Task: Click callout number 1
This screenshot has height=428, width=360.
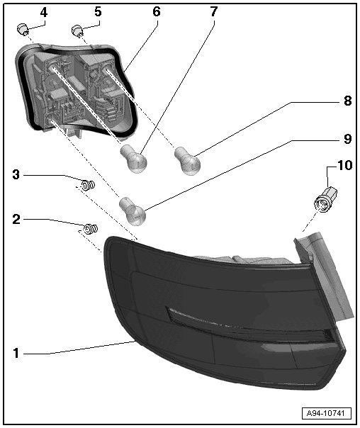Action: pyautogui.click(x=16, y=353)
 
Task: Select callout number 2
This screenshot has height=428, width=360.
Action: pyautogui.click(x=16, y=219)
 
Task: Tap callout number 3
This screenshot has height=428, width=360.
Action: pyautogui.click(x=16, y=174)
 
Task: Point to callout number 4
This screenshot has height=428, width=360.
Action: pyautogui.click(x=44, y=12)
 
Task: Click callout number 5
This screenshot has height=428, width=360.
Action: pyautogui.click(x=98, y=12)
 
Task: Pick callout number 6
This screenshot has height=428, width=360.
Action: pyautogui.click(x=156, y=12)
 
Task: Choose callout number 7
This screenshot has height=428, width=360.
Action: pyautogui.click(x=214, y=12)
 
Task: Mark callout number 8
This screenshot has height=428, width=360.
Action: pyautogui.click(x=347, y=101)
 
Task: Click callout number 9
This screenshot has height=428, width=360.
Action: pyautogui.click(x=347, y=139)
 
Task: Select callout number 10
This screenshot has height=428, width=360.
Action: pyautogui.click(x=345, y=165)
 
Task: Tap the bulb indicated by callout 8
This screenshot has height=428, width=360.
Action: pyautogui.click(x=187, y=161)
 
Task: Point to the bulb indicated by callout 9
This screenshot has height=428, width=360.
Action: pyautogui.click(x=133, y=211)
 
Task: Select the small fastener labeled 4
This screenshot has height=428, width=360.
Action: pyautogui.click(x=23, y=30)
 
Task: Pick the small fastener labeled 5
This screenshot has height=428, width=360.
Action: pyautogui.click(x=77, y=30)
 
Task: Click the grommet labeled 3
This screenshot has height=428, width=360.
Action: pyautogui.click(x=88, y=186)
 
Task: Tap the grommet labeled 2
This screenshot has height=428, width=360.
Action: pyautogui.click(x=91, y=229)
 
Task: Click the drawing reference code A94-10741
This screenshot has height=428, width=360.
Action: pyautogui.click(x=327, y=413)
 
